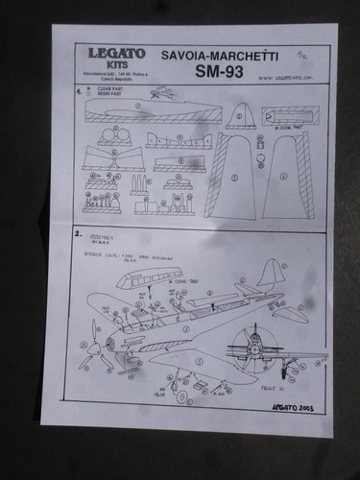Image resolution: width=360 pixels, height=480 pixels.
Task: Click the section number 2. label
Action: point(78,234)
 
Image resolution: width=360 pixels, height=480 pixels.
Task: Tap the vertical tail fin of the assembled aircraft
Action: point(271,274)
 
